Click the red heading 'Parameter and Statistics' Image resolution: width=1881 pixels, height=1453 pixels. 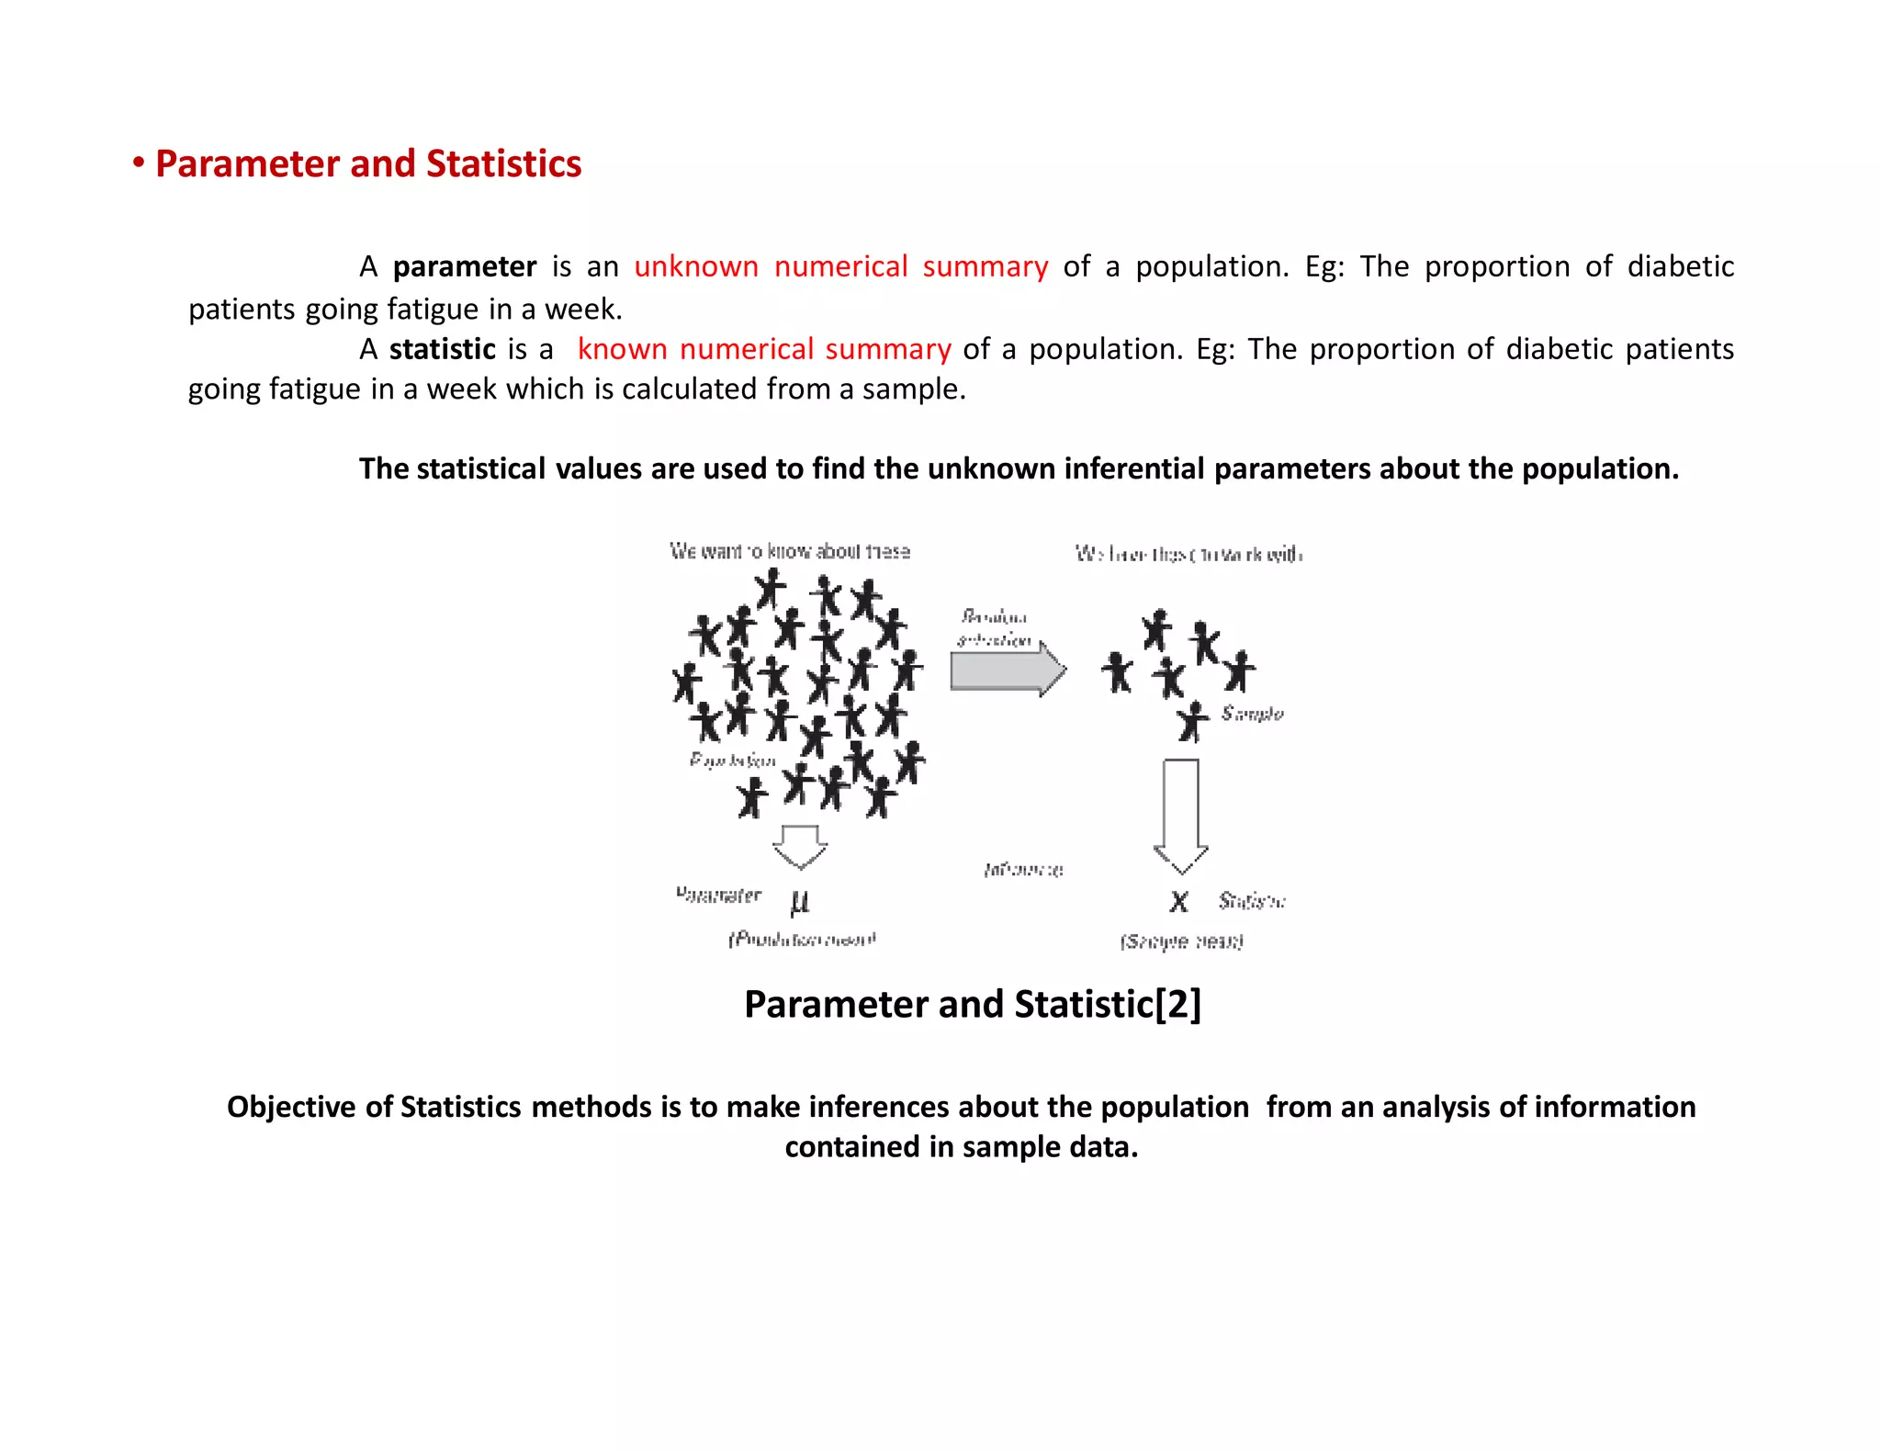coord(367,163)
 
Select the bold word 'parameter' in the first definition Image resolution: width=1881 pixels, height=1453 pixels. coord(464,266)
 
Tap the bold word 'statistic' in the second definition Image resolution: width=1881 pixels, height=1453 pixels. coord(442,349)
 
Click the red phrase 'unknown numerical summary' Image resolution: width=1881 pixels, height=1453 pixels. coord(840,266)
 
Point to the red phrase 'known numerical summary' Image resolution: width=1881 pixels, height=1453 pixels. coord(764,349)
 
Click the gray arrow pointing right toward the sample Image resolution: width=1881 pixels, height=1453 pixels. coord(1007,670)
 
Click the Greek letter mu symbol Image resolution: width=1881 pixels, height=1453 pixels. coord(799,901)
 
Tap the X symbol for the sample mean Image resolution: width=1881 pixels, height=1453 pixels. coord(1178,901)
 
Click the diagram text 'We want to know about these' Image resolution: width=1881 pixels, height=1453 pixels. coord(790,551)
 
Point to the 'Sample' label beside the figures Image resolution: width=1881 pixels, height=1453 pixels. coord(1252,714)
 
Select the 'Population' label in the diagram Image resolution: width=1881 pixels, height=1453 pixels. coord(733,760)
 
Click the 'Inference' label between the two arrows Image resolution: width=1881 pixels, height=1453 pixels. coord(1023,869)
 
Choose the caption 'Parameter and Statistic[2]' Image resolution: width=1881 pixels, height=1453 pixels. coord(972,1004)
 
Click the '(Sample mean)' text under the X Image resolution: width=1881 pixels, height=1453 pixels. coord(1181,941)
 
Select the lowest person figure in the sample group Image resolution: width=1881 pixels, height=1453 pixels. coord(1193,721)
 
